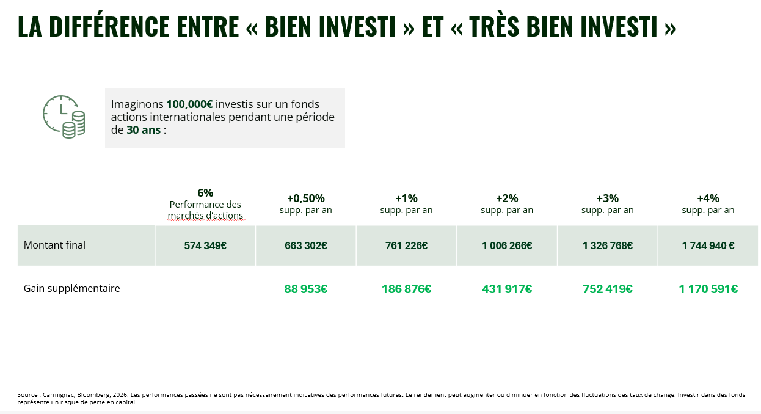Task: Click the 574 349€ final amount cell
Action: [205, 245]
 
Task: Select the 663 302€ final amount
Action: [306, 245]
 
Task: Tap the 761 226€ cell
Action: [406, 245]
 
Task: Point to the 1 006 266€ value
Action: [507, 245]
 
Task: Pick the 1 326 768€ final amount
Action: [608, 245]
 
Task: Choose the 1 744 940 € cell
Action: [708, 245]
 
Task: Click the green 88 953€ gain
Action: [306, 289]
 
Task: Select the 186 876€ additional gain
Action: [406, 289]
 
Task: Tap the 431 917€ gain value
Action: [507, 289]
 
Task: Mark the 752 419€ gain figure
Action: [608, 289]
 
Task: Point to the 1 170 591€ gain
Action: [708, 289]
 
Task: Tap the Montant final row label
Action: [54, 245]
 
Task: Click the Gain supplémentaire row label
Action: [71, 288]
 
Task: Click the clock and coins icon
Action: [64, 117]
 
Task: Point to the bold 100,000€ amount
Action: [189, 104]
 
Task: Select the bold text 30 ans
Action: [144, 129]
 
